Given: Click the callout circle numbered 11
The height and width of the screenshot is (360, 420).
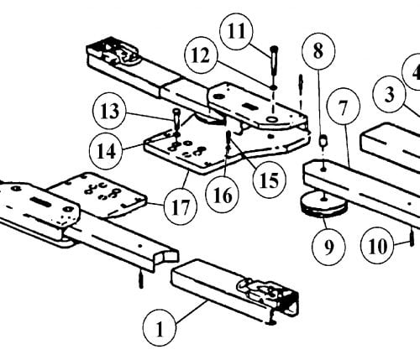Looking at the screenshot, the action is pos(236,31).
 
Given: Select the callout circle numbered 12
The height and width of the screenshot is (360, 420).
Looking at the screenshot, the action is pos(201,55).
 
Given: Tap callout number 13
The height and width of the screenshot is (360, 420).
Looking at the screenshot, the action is pos(109,112).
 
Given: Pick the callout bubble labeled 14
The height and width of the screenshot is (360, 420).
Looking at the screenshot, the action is pos(106,152).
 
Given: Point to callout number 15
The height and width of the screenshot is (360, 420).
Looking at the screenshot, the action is pos(270,180).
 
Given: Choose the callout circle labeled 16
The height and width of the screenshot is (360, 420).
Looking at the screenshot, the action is pos(223,195).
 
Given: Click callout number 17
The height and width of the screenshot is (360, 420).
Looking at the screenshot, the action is pos(181,207).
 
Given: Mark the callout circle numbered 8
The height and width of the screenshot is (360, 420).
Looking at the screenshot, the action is pos(318,52).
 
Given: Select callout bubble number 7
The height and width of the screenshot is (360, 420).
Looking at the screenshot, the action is pos(343,107).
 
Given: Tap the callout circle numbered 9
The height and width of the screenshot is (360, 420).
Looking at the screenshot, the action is pos(328,247).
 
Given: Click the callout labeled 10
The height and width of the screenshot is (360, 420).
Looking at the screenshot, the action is pos(377,247).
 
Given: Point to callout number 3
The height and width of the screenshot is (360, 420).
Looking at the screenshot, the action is pos(390,95).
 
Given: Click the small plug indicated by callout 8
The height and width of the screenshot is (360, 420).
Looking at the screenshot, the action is pos(323,139).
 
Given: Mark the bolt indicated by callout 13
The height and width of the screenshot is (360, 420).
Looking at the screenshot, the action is pos(176,120).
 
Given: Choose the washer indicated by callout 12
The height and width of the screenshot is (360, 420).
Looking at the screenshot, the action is pos(274,87).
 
